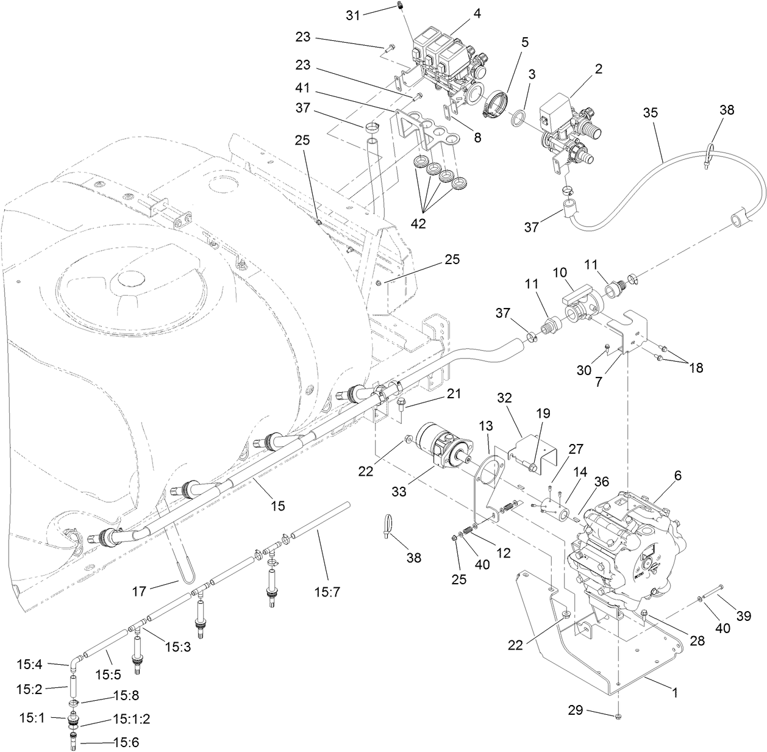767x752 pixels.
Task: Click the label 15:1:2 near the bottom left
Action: [x=131, y=719]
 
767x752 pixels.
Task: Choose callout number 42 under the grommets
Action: [x=418, y=224]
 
